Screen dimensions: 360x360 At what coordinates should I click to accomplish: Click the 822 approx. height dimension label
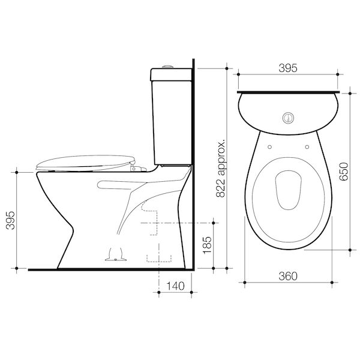pyautogui.click(x=221, y=168)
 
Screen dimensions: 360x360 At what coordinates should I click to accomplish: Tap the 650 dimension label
pyautogui.click(x=344, y=172)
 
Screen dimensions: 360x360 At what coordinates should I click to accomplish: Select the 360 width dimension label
pyautogui.click(x=288, y=276)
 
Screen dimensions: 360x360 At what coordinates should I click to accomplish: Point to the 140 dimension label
pyautogui.click(x=175, y=286)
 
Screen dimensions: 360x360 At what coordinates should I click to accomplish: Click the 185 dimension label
pyautogui.click(x=207, y=245)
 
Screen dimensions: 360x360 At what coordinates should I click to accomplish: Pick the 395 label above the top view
pyautogui.click(x=288, y=68)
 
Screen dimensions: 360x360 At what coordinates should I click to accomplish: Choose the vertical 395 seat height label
pyautogui.click(x=11, y=220)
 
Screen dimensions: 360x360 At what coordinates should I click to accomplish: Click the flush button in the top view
pyautogui.click(x=288, y=118)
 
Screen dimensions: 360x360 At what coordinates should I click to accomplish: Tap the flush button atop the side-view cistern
pyautogui.click(x=167, y=67)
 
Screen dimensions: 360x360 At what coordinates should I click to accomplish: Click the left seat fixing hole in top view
pyautogui.click(x=270, y=147)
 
